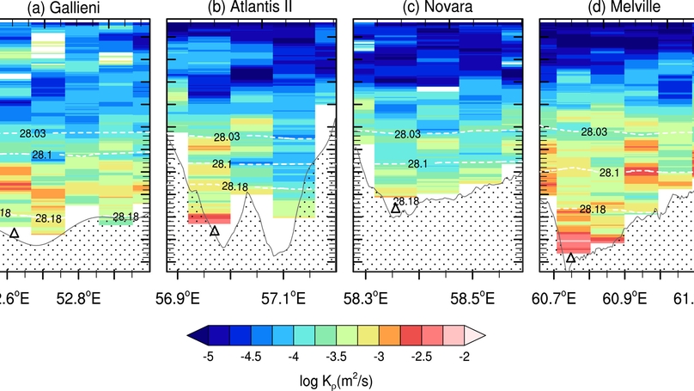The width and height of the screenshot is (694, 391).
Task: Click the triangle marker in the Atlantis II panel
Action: click(x=215, y=230)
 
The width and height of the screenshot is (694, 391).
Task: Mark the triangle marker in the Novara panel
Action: click(x=396, y=208)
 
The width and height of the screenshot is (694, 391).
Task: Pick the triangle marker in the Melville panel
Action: click(x=570, y=257)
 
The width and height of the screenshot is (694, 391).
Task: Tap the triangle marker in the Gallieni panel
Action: click(x=14, y=233)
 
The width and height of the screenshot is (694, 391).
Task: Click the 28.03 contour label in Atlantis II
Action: click(x=227, y=137)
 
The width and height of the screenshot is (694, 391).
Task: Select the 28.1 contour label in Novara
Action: click(x=418, y=164)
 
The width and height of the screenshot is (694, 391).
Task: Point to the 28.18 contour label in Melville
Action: click(x=592, y=209)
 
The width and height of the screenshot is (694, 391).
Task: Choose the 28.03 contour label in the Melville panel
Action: click(x=594, y=131)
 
